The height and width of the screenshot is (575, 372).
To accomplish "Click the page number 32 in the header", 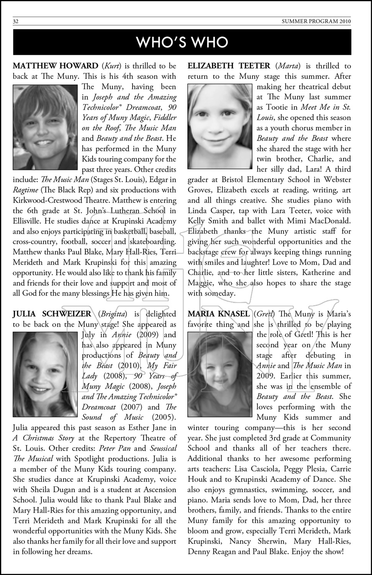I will tap(16, 21).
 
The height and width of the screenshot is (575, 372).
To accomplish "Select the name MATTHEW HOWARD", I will tap(56, 66).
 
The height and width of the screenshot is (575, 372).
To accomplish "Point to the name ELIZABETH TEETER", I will tap(229, 66).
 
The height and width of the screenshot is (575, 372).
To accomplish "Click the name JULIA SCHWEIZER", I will tap(52, 314).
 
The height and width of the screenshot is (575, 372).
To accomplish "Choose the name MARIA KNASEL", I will tap(218, 314).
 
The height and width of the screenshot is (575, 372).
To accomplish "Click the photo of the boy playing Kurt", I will tap(45, 127).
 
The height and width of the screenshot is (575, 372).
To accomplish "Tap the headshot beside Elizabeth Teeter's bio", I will tap(220, 127).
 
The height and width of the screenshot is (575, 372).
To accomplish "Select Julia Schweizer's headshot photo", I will tap(45, 374).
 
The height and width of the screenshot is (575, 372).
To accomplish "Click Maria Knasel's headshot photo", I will tap(220, 374).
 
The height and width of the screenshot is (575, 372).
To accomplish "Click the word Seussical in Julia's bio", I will tap(163, 448).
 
